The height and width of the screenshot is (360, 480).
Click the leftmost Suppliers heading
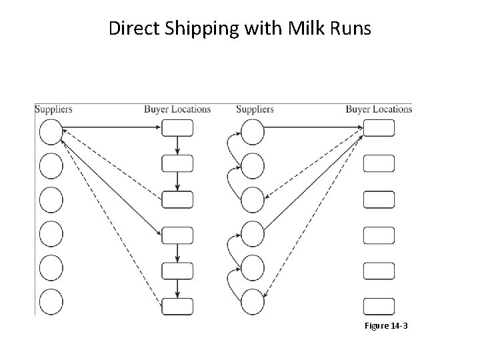coord(53,109)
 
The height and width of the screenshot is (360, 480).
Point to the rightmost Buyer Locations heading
coord(379,109)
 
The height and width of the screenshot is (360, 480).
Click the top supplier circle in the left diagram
coord(51,131)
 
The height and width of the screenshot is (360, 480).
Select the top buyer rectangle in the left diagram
coord(177,127)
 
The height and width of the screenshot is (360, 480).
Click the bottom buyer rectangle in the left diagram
coord(177,306)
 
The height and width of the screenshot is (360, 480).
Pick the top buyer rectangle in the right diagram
coord(379,127)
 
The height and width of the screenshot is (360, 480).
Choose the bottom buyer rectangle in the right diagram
coord(379,306)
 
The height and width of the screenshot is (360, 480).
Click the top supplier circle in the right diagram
coord(253,131)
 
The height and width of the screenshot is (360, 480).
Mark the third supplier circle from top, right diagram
coord(253,199)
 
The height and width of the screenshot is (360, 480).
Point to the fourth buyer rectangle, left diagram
coord(177,235)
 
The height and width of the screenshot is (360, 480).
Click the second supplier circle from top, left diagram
coord(51,165)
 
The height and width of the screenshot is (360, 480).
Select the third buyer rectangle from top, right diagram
coord(379,199)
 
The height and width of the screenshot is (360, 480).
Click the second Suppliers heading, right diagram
coord(255,109)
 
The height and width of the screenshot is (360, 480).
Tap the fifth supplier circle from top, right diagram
coord(253,267)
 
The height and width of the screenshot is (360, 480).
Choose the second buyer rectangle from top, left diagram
coord(177,163)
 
